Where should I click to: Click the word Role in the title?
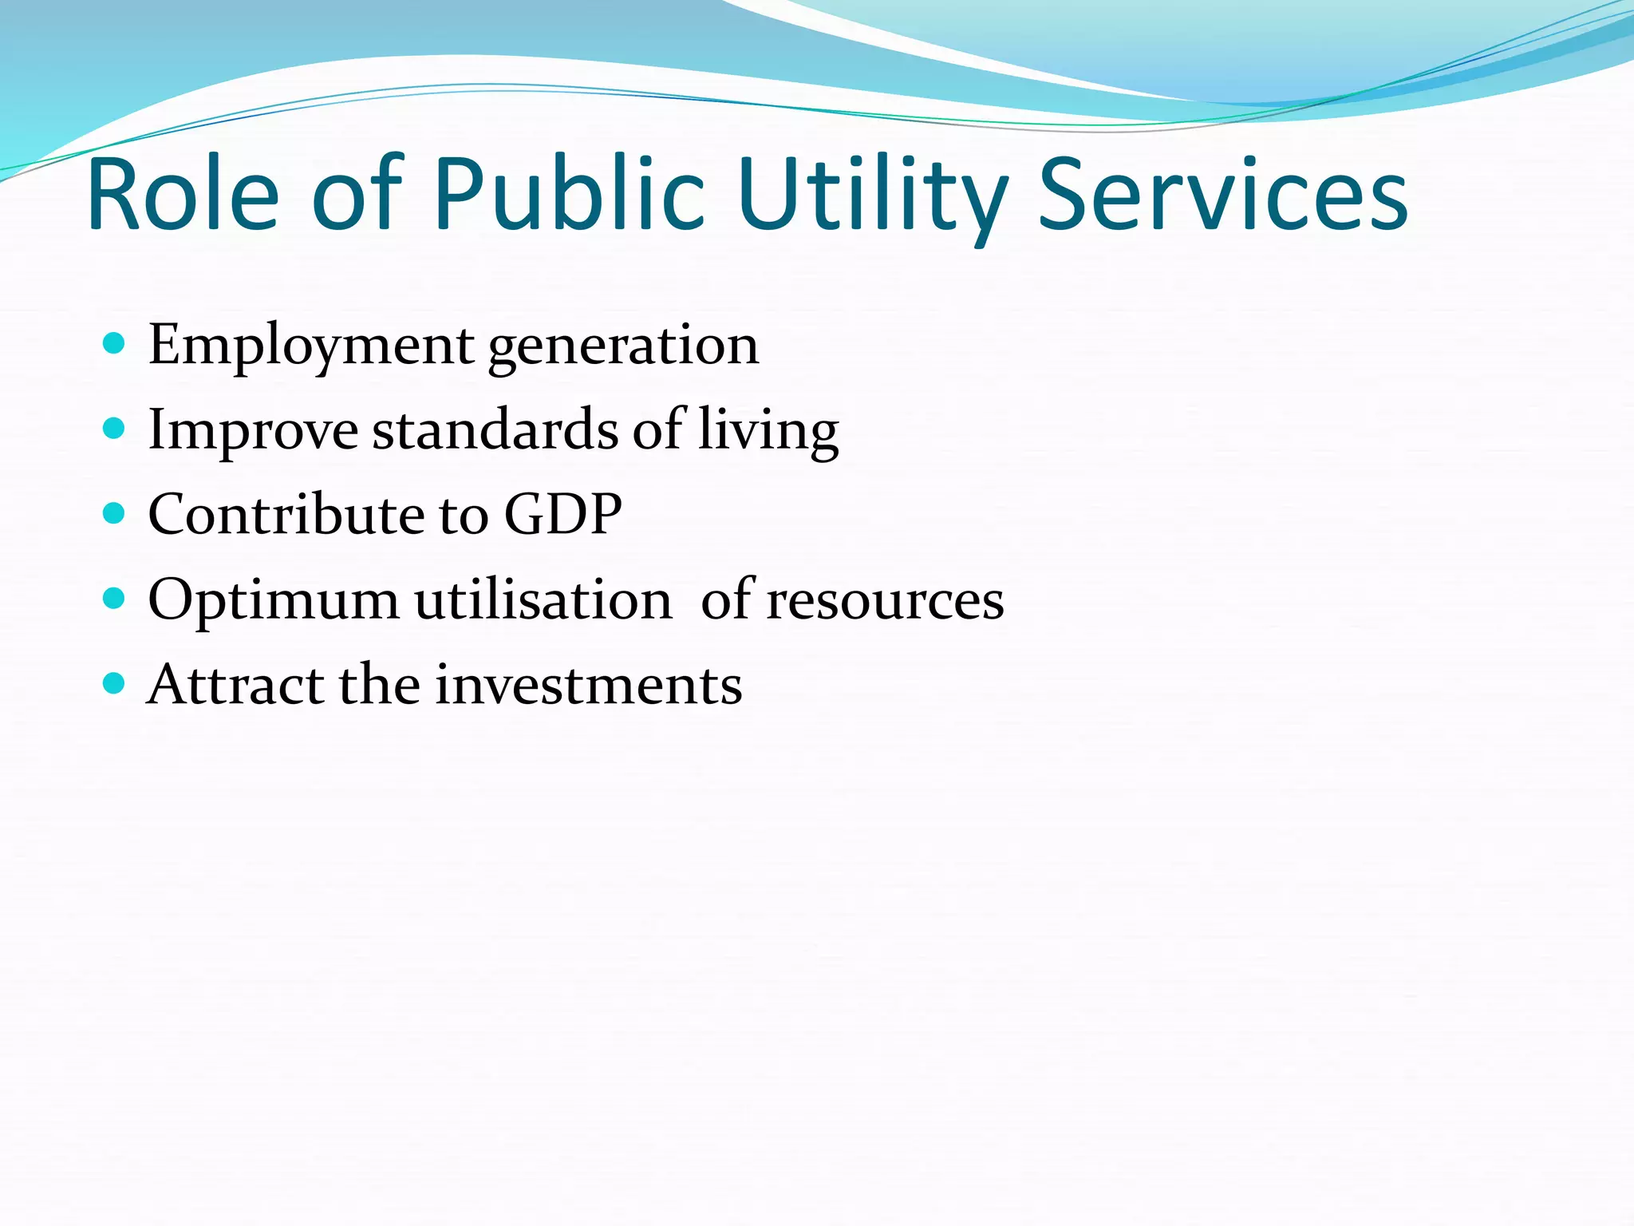click(x=183, y=195)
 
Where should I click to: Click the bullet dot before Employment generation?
click(x=115, y=344)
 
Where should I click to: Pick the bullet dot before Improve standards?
click(x=115, y=429)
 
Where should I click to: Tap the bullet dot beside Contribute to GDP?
click(x=115, y=513)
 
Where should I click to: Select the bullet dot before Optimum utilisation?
click(x=115, y=599)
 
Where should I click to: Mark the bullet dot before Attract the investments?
click(x=115, y=683)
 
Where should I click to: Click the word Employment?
click(x=311, y=346)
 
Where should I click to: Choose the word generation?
click(x=623, y=348)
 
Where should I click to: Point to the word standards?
click(x=495, y=430)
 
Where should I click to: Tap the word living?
click(x=768, y=432)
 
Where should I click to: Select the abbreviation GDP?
click(x=562, y=514)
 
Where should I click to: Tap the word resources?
click(x=885, y=601)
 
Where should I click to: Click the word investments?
click(x=588, y=685)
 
